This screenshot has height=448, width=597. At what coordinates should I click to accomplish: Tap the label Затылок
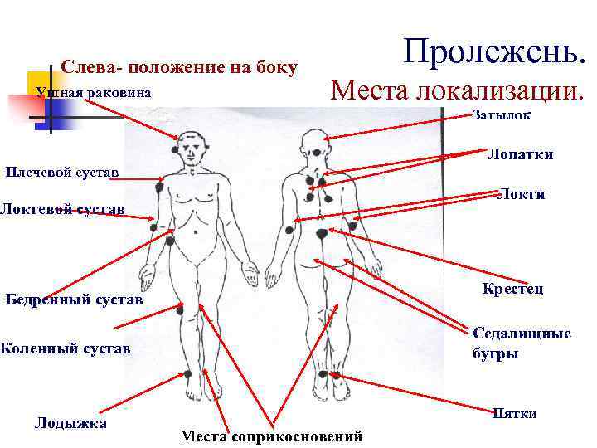click(501, 116)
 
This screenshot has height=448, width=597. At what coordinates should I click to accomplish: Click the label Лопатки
click(520, 155)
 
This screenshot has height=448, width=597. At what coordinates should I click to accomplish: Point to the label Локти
click(522, 195)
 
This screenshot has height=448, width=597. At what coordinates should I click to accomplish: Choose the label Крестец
click(512, 289)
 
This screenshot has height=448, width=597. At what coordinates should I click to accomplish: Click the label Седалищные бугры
click(522, 343)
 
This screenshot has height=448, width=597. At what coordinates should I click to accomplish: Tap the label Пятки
click(515, 413)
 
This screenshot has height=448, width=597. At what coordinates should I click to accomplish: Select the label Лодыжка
click(70, 423)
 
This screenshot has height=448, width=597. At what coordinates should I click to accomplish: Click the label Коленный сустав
click(65, 348)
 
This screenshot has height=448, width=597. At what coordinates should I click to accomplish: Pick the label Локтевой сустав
click(62, 209)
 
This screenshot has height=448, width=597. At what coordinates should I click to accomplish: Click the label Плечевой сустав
click(61, 173)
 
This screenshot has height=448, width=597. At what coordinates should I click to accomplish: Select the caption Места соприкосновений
click(271, 436)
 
